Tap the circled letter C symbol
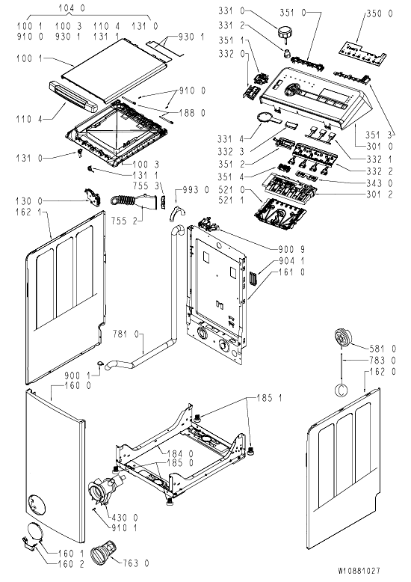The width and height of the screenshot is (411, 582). click(342, 390)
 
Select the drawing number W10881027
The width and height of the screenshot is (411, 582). click(359, 571)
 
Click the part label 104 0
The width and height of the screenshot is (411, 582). click(72, 7)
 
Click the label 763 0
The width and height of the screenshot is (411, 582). click(136, 564)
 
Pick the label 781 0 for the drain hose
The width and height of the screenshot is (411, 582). click(126, 334)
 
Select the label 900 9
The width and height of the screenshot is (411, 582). click(291, 249)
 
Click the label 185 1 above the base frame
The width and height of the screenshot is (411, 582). click(269, 398)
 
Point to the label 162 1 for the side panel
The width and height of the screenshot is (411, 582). click(28, 213)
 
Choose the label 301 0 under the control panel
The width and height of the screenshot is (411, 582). click(379, 147)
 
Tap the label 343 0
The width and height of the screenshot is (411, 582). click(380, 183)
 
